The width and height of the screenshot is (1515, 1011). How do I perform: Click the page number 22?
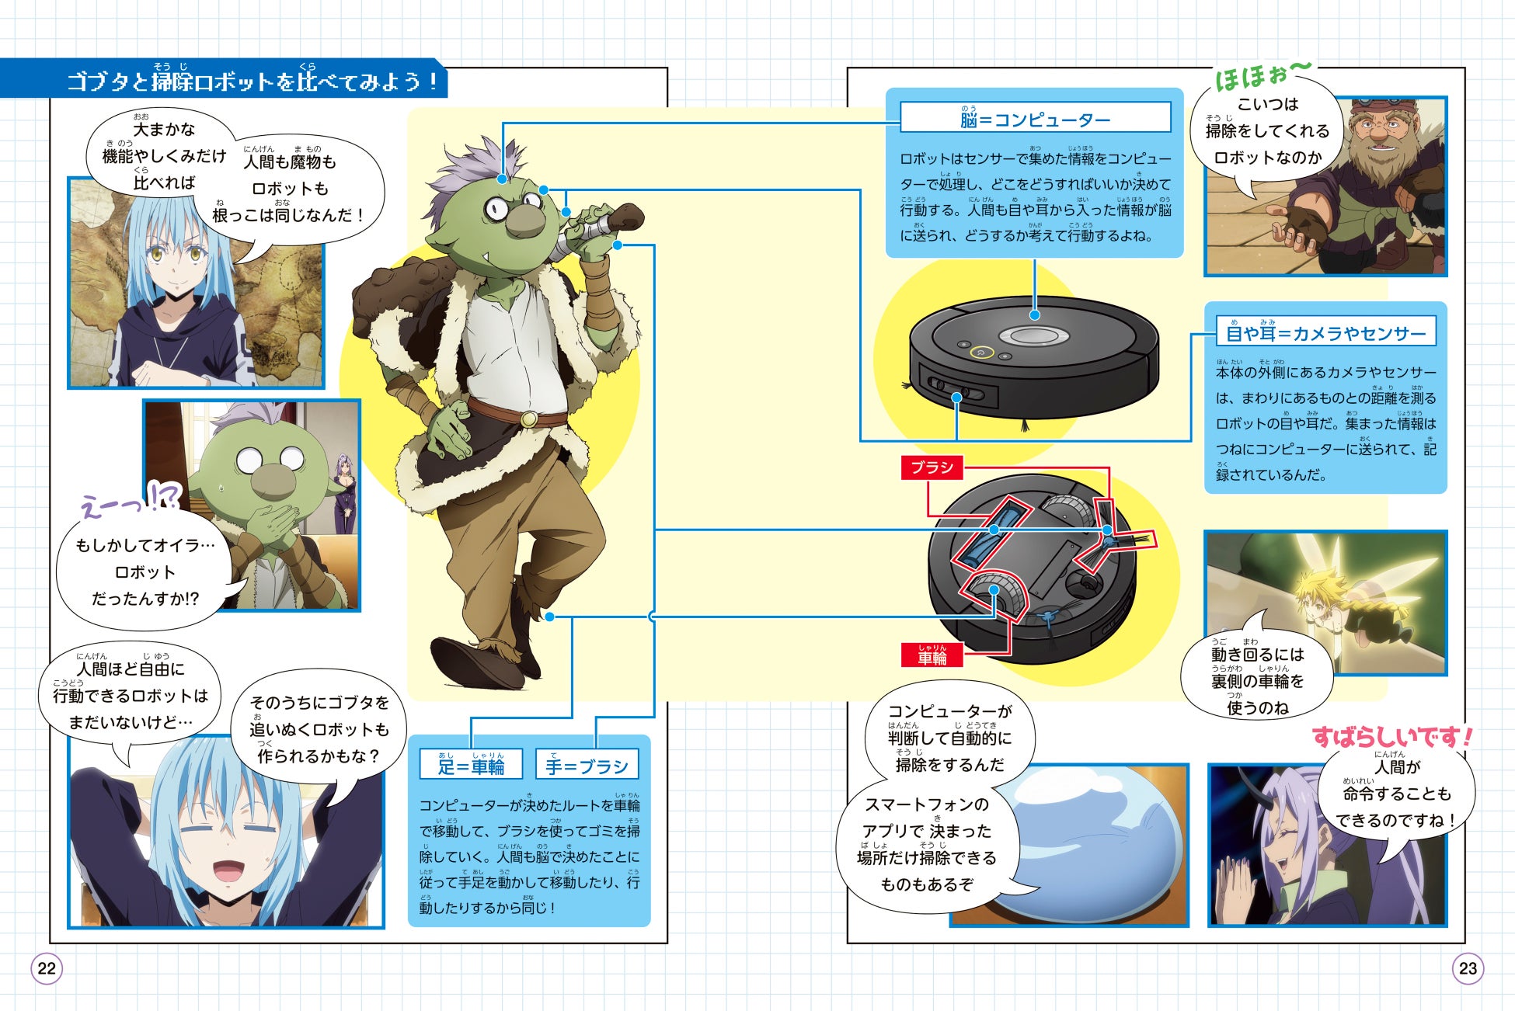tap(47, 968)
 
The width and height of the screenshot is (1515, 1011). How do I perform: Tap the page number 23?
tap(1468, 968)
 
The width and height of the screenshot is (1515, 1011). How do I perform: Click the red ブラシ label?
tap(932, 467)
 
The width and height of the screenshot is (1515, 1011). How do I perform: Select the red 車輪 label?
tap(932, 656)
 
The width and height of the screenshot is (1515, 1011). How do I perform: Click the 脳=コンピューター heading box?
tap(1035, 119)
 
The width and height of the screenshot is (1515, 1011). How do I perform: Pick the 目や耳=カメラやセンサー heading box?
tap(1325, 332)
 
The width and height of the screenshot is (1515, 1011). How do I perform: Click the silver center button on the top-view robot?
tap(1033, 335)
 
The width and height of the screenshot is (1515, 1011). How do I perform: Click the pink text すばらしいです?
tap(1391, 737)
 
